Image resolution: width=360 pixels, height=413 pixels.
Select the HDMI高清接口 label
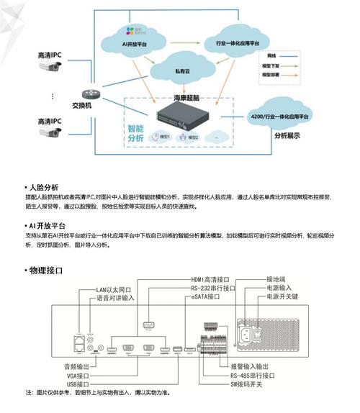210,279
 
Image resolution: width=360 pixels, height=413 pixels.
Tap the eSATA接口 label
204,296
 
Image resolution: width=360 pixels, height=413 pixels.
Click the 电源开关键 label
284,296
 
